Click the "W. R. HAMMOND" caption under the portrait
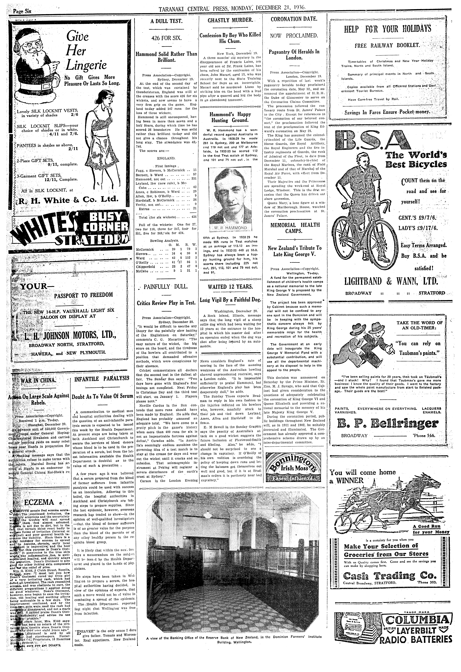click(x=230, y=228)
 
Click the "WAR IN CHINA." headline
click(x=40, y=380)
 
